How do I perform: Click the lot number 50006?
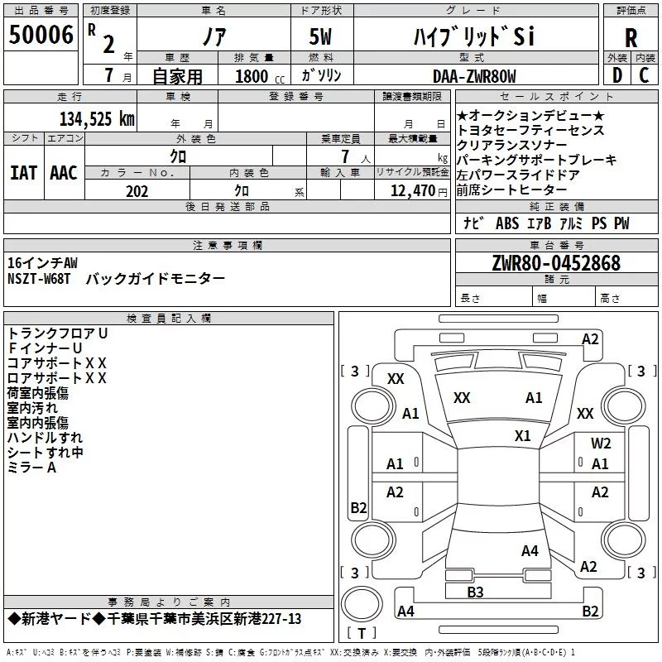click(x=41, y=35)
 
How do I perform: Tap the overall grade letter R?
click(x=631, y=38)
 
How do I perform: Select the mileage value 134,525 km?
click(x=97, y=119)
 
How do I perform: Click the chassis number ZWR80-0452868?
click(x=556, y=263)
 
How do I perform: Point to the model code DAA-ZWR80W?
click(x=474, y=76)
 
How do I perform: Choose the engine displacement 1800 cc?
click(x=260, y=76)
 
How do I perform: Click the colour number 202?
click(x=137, y=191)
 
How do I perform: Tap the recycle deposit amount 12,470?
click(x=413, y=191)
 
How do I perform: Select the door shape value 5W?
click(x=320, y=36)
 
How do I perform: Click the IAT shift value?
click(x=23, y=173)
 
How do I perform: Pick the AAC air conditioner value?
click(x=64, y=173)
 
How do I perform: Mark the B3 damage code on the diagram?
click(x=475, y=592)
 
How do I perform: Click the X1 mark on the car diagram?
click(x=522, y=436)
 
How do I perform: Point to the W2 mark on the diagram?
click(x=601, y=443)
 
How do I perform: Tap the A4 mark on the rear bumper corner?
click(x=405, y=611)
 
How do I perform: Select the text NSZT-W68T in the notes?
click(x=39, y=279)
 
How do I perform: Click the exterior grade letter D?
click(x=617, y=75)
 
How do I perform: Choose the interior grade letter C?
click(x=644, y=75)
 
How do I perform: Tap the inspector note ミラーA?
click(x=31, y=468)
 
